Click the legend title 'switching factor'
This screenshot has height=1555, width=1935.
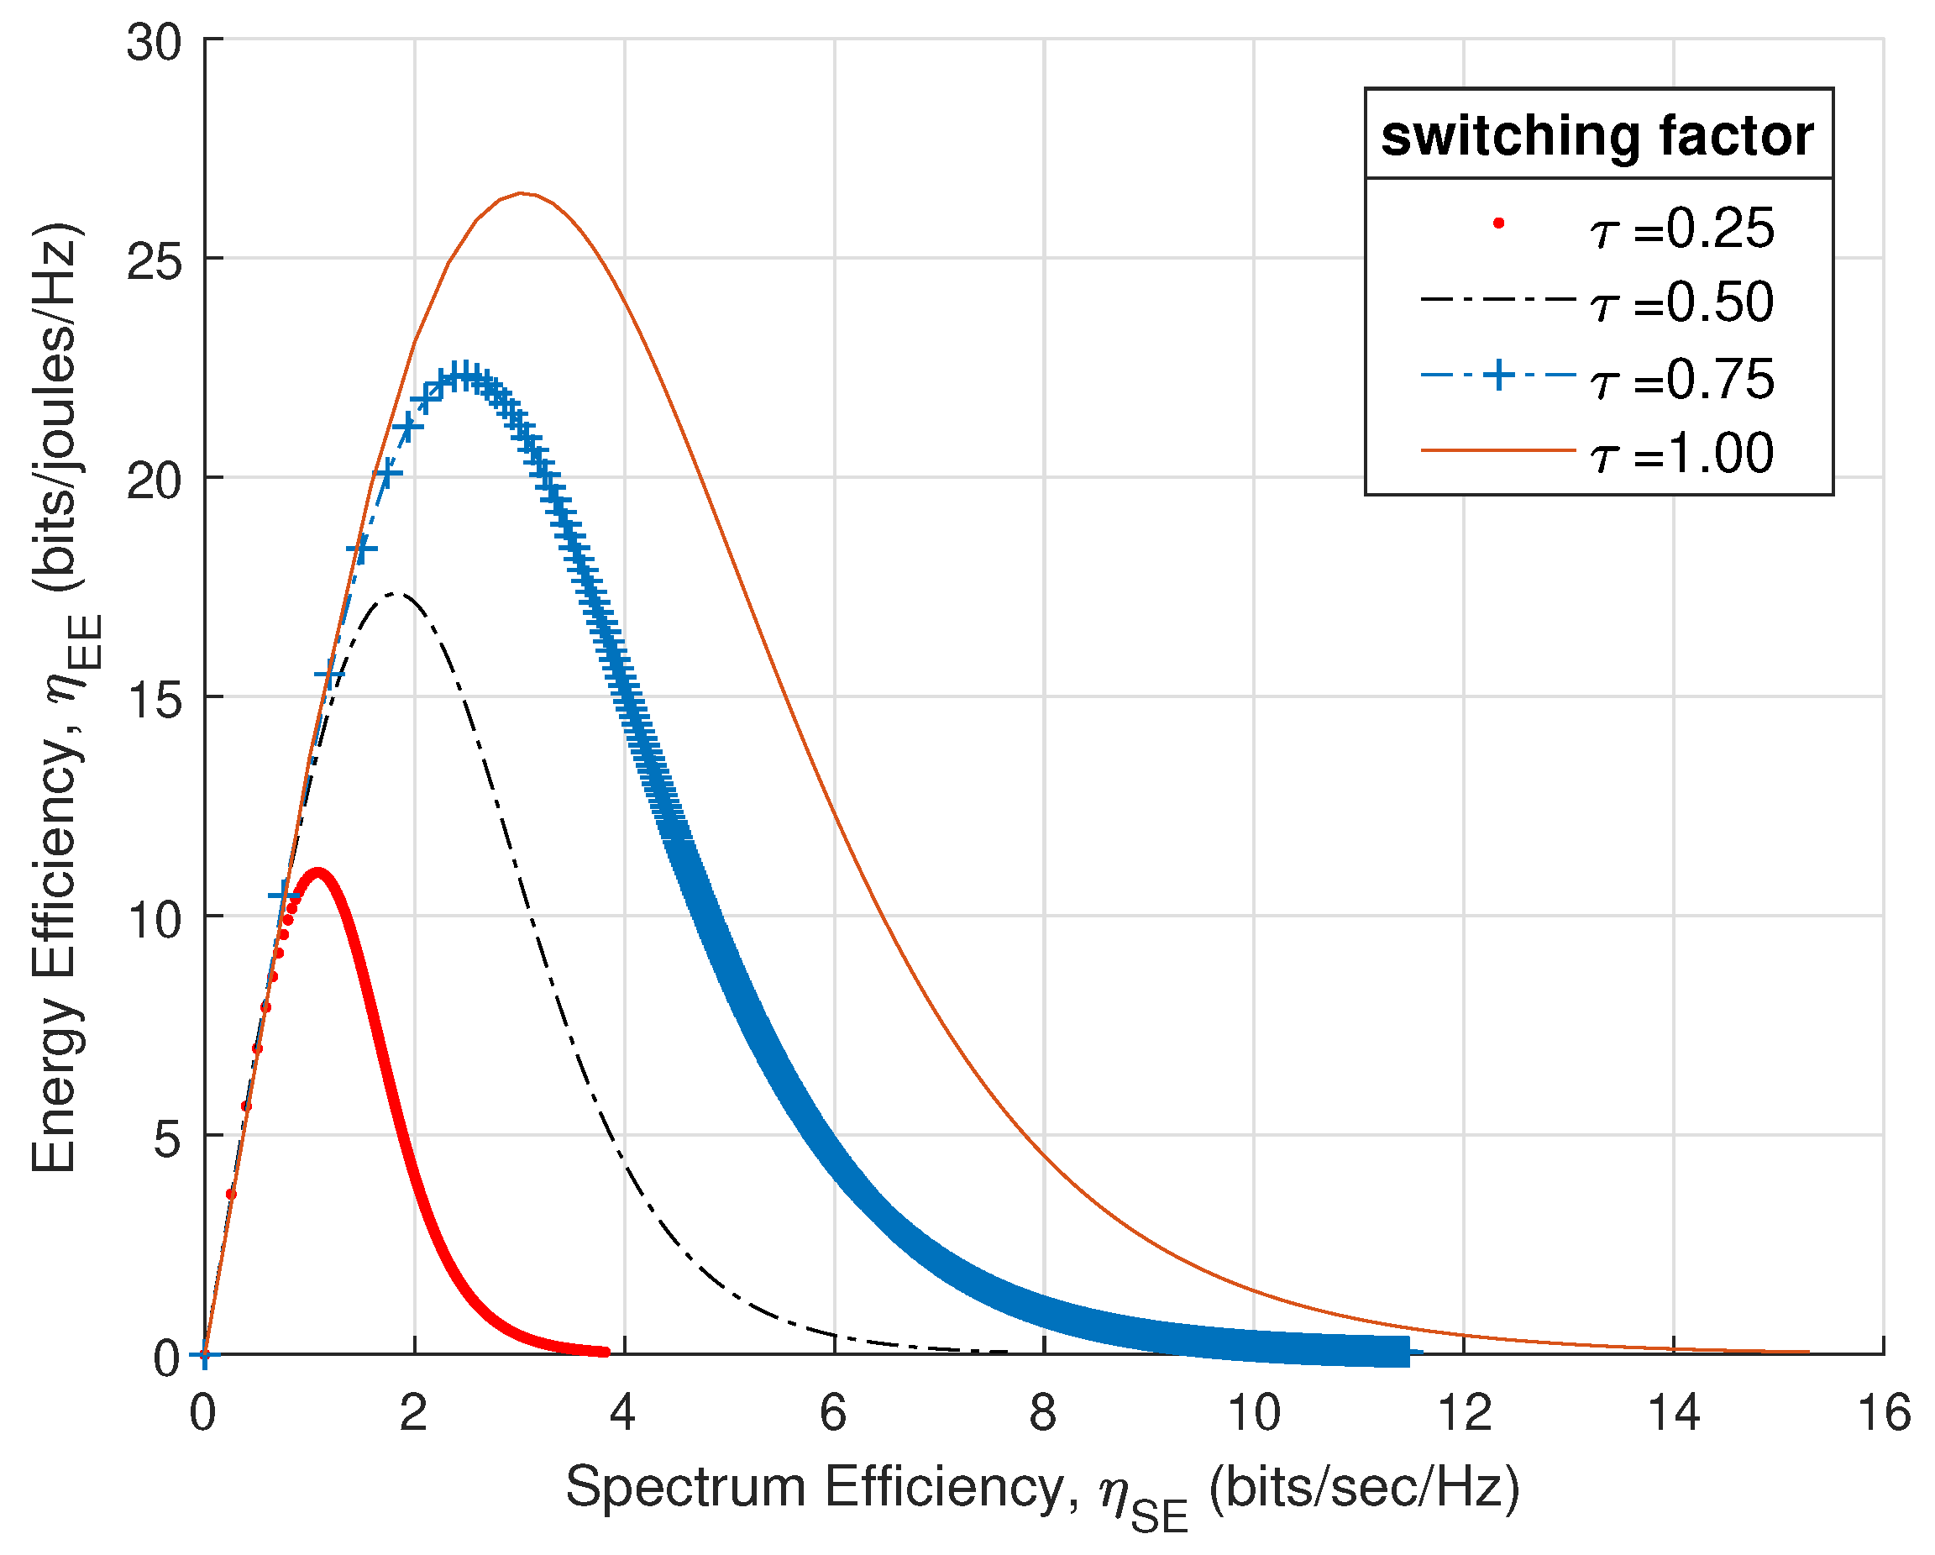[x=1597, y=136]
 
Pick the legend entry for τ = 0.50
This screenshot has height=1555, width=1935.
[x=1681, y=302]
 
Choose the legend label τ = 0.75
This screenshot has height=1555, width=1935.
[x=1681, y=379]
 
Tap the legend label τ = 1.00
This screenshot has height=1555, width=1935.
[x=1681, y=454]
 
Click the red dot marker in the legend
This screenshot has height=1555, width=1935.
[x=1498, y=223]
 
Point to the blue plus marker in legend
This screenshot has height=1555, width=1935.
[x=1498, y=375]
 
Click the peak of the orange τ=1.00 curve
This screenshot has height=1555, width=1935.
[x=522, y=193]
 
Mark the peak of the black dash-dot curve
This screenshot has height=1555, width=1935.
[x=396, y=593]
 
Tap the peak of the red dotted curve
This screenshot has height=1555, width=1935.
[x=316, y=874]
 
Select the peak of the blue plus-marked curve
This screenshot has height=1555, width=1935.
[x=463, y=375]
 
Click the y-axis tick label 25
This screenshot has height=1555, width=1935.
[x=154, y=260]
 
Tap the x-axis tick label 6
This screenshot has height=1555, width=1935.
[x=834, y=1413]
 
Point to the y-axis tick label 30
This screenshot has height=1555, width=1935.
[x=154, y=42]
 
